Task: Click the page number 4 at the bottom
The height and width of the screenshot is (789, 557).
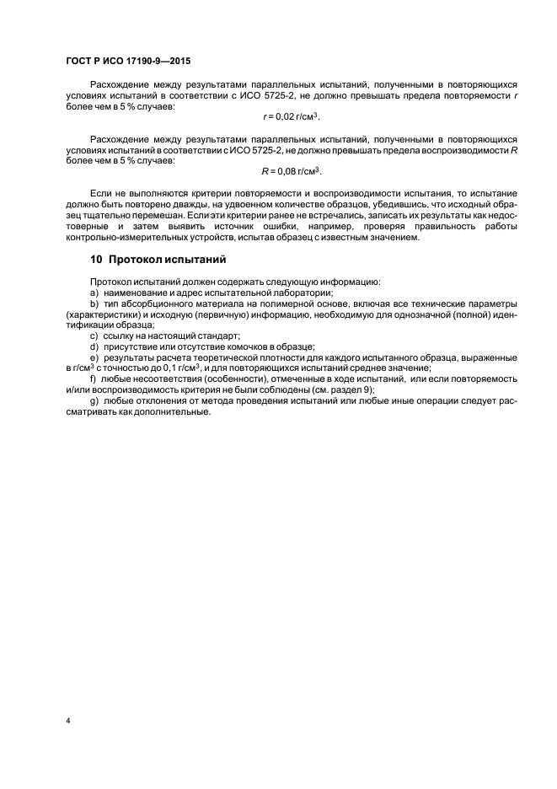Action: click(x=67, y=721)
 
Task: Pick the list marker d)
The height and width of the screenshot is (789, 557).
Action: click(x=94, y=346)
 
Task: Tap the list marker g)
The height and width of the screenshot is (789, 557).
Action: click(x=94, y=401)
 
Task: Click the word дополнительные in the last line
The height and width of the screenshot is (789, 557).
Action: click(x=170, y=412)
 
